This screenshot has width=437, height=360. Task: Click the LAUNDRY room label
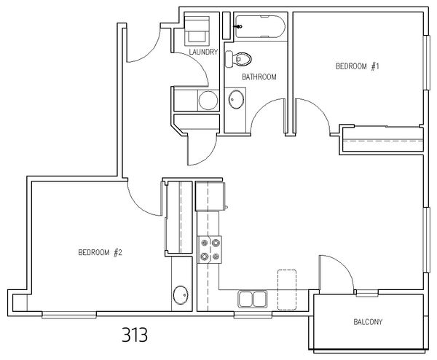click(203, 52)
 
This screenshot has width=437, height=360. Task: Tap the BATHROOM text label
click(259, 77)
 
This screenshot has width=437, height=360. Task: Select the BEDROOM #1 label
click(358, 66)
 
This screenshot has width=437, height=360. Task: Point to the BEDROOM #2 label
click(100, 253)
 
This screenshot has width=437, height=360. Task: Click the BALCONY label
click(368, 322)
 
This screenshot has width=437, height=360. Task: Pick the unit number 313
click(135, 334)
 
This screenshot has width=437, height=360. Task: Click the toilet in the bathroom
click(238, 59)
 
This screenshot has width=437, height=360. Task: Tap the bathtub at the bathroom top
click(260, 27)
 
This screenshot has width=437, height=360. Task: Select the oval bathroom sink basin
click(236, 100)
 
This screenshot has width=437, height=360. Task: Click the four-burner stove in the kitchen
click(210, 249)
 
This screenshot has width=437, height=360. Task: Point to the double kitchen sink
click(252, 300)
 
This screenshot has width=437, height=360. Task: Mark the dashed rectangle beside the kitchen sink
click(287, 290)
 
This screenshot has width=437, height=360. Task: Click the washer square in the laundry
click(197, 31)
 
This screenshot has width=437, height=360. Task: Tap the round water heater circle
click(208, 101)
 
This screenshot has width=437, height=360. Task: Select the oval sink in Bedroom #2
click(181, 295)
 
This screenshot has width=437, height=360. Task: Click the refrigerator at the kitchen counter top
click(210, 196)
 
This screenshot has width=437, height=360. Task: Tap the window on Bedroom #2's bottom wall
click(69, 314)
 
